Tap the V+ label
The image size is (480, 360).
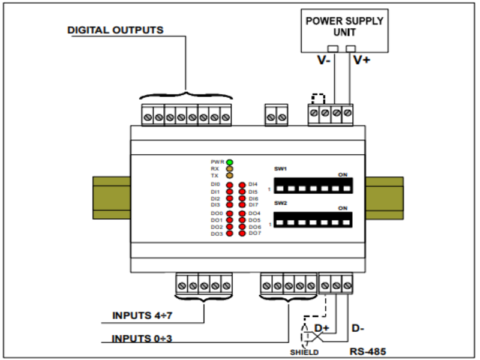(x=362, y=60)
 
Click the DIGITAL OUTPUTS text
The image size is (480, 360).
(x=115, y=30)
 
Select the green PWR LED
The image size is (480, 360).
(x=230, y=162)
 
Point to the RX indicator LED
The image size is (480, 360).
(x=230, y=169)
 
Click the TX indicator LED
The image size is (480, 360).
(x=230, y=176)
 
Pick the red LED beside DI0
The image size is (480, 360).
(x=230, y=185)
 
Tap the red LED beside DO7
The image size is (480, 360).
(x=242, y=233)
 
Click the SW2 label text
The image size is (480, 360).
(x=281, y=203)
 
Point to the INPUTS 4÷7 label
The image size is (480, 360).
(x=140, y=315)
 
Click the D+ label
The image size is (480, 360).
(x=322, y=328)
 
